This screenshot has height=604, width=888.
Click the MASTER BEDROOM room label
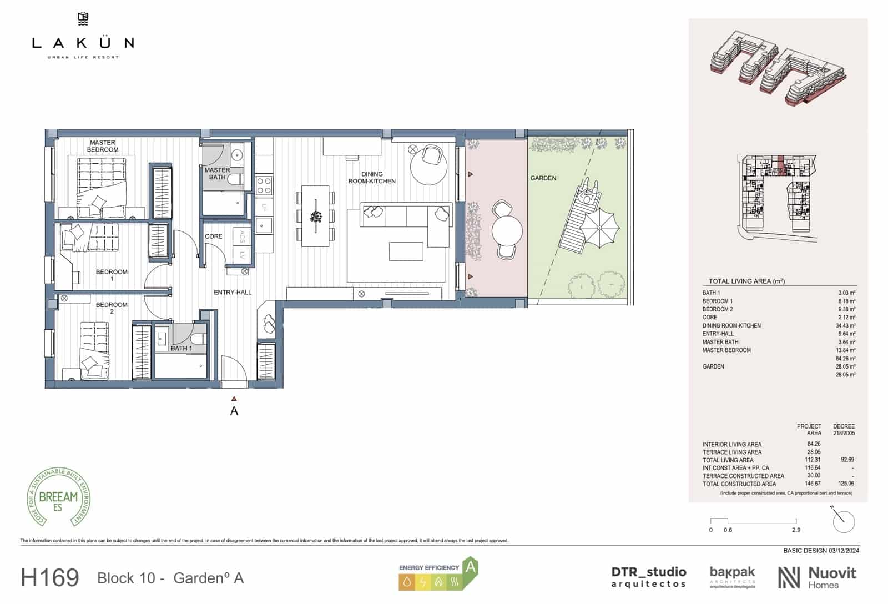click(103, 146)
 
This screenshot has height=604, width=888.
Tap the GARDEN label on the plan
click(543, 178)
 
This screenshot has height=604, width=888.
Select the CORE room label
click(214, 236)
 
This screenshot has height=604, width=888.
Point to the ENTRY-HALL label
click(233, 292)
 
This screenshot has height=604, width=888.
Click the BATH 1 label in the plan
click(181, 349)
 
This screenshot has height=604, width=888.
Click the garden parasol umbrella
click(600, 227)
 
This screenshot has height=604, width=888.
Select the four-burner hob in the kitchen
click(264, 185)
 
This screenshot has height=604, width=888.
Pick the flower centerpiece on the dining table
click(316, 217)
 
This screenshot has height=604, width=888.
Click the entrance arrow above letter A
click(234, 398)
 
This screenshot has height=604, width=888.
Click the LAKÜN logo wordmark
click(83, 42)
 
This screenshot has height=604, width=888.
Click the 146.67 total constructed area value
click(813, 484)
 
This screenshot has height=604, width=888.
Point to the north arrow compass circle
click(844, 521)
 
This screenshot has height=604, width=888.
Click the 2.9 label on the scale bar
click(796, 530)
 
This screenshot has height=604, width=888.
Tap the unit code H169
click(50, 578)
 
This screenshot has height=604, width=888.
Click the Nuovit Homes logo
click(816, 577)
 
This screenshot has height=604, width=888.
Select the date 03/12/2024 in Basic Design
click(844, 551)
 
